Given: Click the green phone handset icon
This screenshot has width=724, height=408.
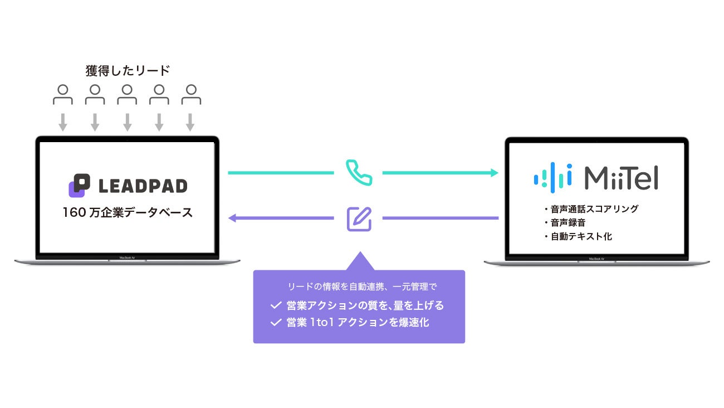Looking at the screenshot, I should tap(359, 173).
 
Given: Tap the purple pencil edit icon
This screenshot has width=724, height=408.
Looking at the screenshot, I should tap(359, 218).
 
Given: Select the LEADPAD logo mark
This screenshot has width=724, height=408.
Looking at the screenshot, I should tap(79, 186).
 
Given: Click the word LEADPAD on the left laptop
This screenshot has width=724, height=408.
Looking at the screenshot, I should tap(143, 186).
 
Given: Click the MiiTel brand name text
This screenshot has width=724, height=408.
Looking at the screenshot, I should tap(622, 177).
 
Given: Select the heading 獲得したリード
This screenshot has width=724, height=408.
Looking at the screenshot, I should tap(128, 71).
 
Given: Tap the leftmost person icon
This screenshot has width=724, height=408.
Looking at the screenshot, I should tap(63, 95).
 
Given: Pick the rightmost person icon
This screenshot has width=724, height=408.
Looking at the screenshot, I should tap(191, 95).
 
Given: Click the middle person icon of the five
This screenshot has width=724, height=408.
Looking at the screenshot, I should tap(127, 95).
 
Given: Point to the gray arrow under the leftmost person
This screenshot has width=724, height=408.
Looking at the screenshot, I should tap(63, 122).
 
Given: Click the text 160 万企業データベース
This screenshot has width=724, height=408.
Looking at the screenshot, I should tap(128, 212).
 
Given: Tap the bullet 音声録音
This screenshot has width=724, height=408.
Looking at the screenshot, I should tap(568, 223).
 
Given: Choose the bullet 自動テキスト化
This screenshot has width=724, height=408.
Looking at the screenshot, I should tap(580, 236).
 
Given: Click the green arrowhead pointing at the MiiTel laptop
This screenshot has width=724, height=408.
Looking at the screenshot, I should tap(494, 173).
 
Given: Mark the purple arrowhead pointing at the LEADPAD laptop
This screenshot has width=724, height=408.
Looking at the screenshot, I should tap(233, 218).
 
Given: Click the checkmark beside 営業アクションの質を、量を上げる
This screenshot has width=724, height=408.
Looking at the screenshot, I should tap(276, 305).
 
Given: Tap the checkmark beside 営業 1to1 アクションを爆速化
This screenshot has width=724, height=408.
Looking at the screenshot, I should tap(276, 322).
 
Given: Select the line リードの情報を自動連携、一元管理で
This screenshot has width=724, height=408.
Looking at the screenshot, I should tap(362, 287).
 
